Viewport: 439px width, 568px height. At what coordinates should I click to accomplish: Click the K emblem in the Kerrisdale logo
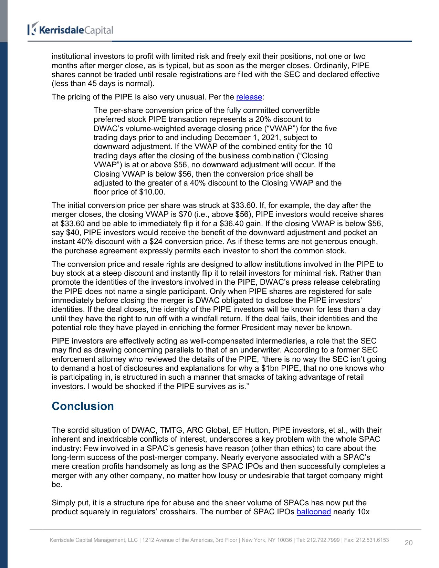(33, 29)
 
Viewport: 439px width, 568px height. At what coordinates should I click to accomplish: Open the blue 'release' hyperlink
(249, 97)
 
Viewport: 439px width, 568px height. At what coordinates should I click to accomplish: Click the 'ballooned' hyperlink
(314, 512)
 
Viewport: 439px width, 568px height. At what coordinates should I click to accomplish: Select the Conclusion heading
(83, 406)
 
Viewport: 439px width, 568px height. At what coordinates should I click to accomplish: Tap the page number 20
(408, 543)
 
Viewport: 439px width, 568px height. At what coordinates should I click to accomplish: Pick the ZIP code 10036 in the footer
(284, 540)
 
